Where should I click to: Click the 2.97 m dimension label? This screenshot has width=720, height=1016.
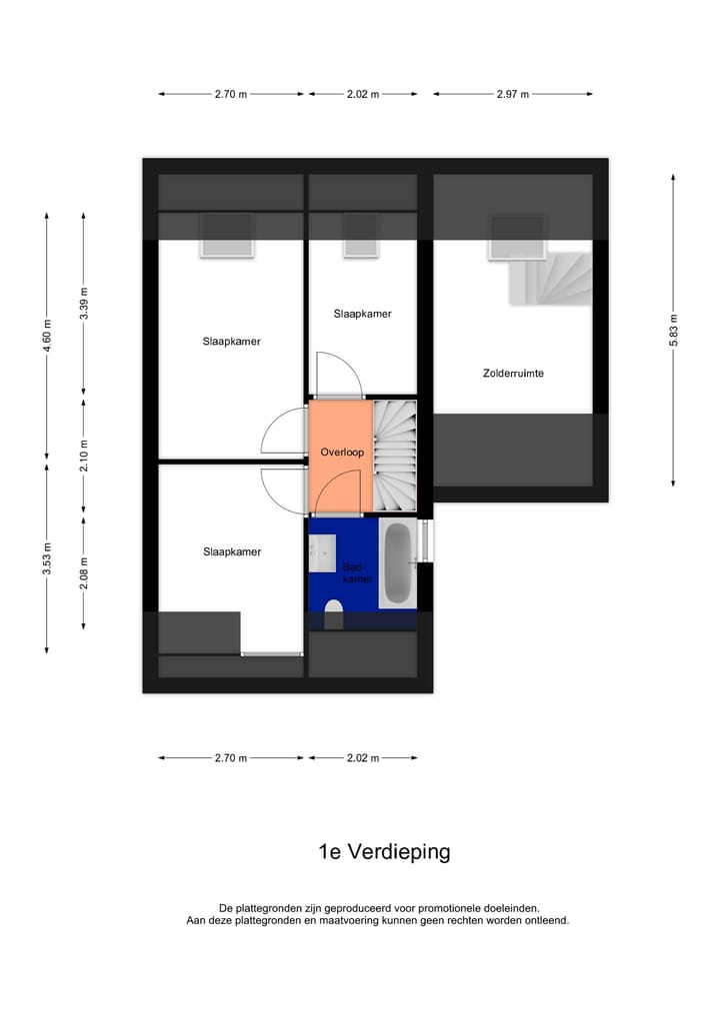coord(512,95)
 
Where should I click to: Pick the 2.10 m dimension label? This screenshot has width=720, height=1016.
coord(85,455)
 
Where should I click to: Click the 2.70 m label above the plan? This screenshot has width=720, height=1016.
coord(230,95)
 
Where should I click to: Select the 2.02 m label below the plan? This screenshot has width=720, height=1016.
coord(363,758)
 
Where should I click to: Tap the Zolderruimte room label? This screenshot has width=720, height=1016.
coord(512,374)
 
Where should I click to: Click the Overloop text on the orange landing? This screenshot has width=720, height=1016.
coord(341,453)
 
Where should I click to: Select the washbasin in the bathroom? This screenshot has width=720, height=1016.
coord(322,552)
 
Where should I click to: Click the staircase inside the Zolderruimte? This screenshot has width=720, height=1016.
coord(551,280)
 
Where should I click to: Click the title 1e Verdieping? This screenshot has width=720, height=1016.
coord(384,852)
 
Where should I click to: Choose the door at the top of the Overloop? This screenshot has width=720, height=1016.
coord(338,375)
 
